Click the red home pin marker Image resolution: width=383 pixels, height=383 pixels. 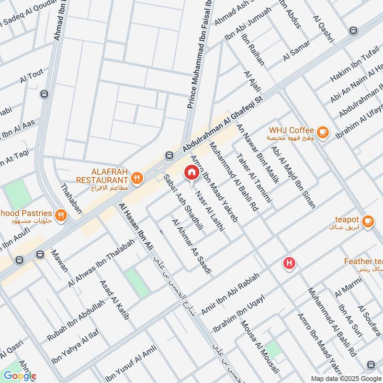click(x=191, y=172)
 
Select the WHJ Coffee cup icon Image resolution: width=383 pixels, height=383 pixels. click(x=323, y=131)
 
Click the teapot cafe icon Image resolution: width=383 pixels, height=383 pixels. click(x=367, y=220)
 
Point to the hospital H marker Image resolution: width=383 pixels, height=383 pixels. click(x=289, y=263)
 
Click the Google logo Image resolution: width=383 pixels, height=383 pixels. click(x=20, y=376)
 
